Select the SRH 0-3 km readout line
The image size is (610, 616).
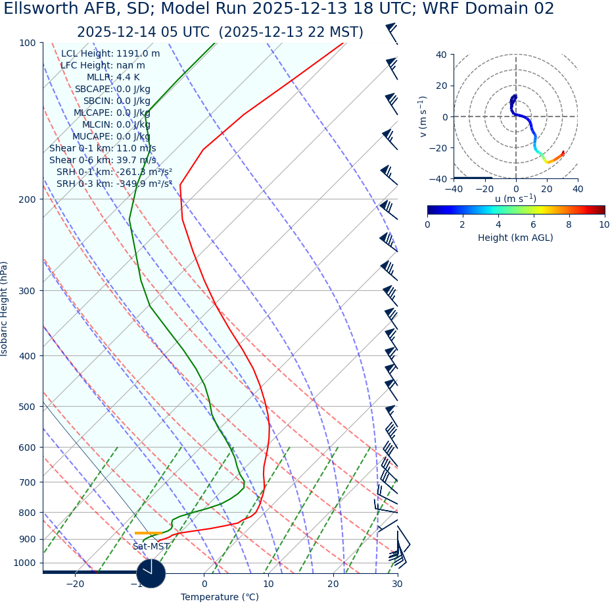tap(114, 184)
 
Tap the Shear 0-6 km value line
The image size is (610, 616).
tap(103, 160)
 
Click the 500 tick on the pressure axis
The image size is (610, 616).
tap(27, 407)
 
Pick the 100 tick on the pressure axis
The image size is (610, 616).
tap(27, 43)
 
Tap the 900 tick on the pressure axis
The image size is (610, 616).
tap(27, 539)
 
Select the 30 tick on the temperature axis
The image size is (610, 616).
tap(397, 584)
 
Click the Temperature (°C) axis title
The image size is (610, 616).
tap(220, 598)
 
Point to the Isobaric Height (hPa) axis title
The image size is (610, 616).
tap(5, 309)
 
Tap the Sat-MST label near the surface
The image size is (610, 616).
tap(151, 547)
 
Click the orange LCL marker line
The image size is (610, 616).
tap(149, 533)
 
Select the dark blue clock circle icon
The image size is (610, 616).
tap(151, 573)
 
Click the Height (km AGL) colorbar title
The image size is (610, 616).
tap(515, 238)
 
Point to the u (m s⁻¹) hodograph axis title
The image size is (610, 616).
tap(515, 199)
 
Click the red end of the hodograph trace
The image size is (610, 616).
tap(563, 153)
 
